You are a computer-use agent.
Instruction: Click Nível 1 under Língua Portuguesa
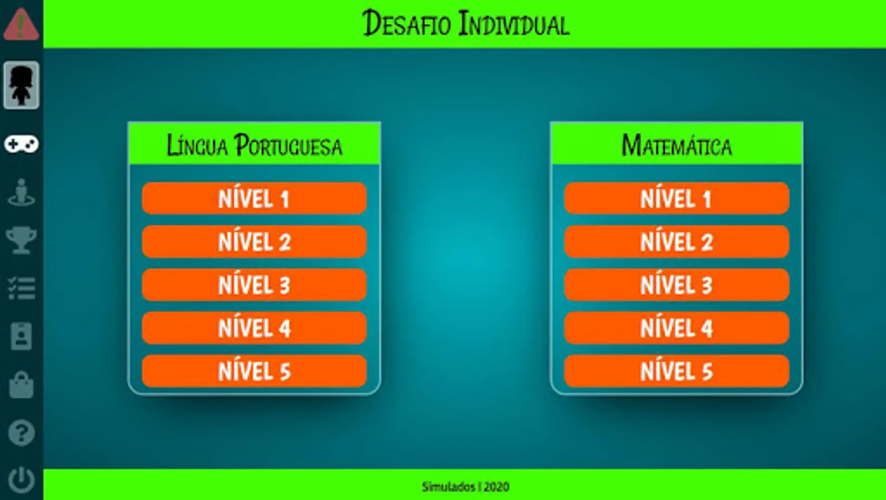click(x=254, y=198)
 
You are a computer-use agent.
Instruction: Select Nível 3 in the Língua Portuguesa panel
click(x=254, y=284)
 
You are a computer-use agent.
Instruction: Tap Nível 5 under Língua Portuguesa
click(x=254, y=371)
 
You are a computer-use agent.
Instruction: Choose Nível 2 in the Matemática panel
click(x=676, y=242)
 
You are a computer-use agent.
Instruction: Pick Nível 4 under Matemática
click(x=676, y=328)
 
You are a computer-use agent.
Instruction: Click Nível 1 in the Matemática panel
click(x=676, y=198)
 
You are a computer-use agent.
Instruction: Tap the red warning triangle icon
click(x=21, y=24)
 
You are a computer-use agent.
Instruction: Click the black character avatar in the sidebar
click(x=21, y=85)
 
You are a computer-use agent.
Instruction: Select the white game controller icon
click(x=21, y=144)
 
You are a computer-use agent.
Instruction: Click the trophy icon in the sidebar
click(x=21, y=239)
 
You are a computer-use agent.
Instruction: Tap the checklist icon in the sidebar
click(x=21, y=288)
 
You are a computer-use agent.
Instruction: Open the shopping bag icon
click(x=21, y=384)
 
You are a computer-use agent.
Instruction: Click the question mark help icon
click(x=21, y=433)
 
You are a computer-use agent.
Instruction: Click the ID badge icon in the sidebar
click(x=21, y=336)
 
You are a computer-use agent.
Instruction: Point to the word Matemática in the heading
click(x=677, y=145)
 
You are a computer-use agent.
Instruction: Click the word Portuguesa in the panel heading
click(x=288, y=145)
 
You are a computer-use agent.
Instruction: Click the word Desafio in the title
click(x=407, y=23)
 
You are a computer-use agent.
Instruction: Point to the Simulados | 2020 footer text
click(x=466, y=487)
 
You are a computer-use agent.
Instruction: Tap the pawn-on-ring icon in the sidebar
click(x=21, y=192)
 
